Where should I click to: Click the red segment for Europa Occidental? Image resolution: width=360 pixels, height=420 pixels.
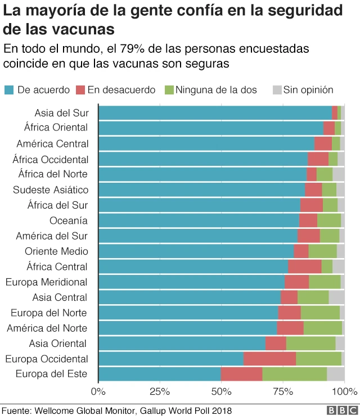(269, 359)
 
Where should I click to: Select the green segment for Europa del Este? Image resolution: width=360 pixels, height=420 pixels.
(294, 374)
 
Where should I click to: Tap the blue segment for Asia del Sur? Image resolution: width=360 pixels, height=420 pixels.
(215, 112)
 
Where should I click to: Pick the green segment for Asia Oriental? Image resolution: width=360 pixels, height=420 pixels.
(310, 343)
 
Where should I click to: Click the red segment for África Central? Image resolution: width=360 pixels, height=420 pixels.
(304, 267)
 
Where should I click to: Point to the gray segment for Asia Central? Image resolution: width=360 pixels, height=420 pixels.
(336, 297)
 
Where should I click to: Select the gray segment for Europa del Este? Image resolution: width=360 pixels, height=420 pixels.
(335, 374)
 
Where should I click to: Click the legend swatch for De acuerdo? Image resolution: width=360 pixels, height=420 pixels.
(9, 89)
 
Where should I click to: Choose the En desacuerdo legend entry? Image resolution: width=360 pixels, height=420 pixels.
(121, 89)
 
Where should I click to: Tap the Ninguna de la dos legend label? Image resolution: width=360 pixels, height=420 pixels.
(216, 89)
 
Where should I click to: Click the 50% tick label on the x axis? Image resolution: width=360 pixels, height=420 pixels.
(221, 391)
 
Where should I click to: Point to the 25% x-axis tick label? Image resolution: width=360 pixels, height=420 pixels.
(160, 391)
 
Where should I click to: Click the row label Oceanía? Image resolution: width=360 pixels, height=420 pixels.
(69, 220)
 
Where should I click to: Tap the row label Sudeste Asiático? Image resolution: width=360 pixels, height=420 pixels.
(51, 189)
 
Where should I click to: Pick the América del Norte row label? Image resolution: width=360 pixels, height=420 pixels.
(47, 328)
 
